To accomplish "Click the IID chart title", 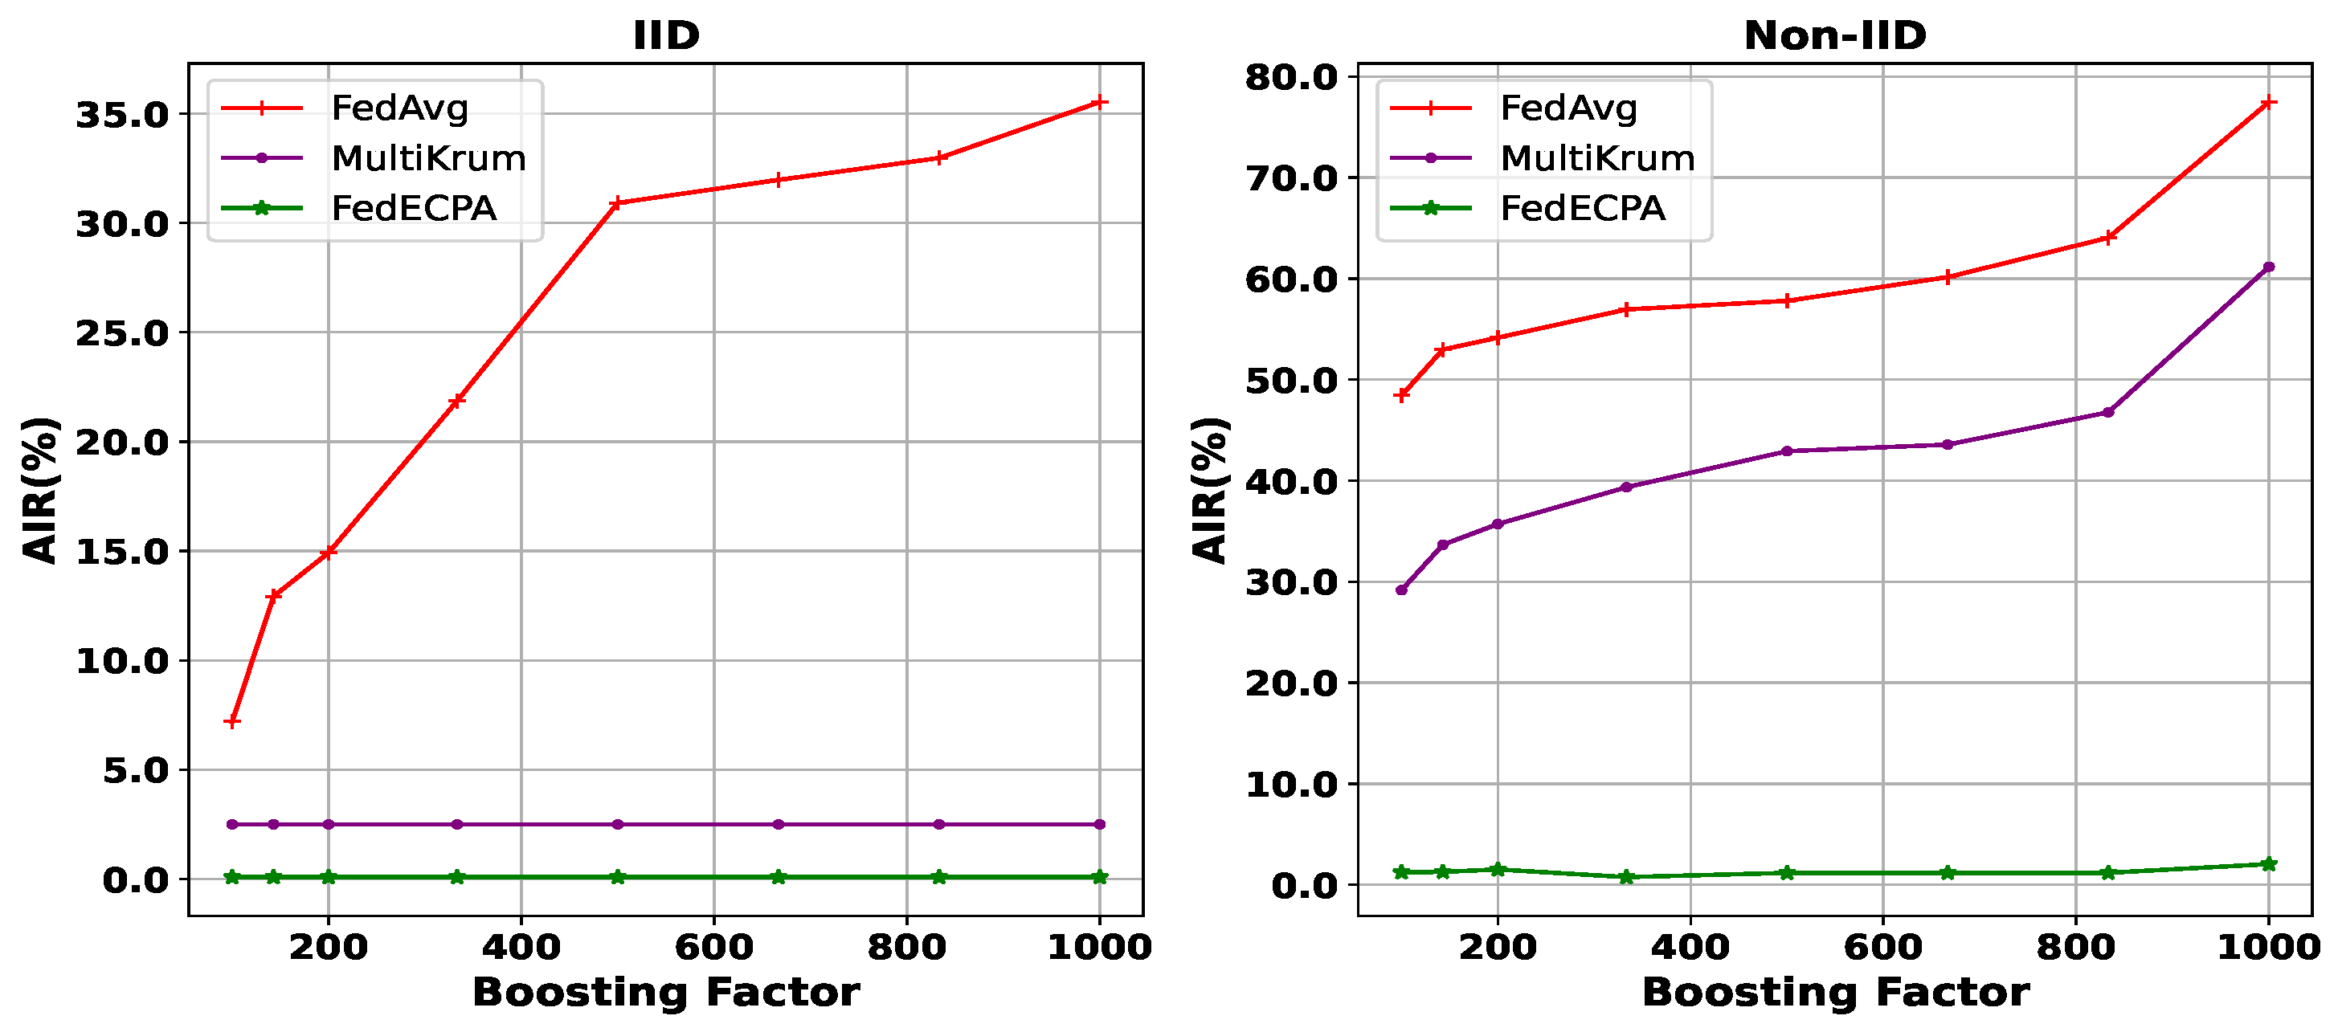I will tap(666, 36).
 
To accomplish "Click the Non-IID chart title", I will tap(1834, 36).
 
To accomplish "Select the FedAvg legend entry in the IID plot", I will tap(399, 108).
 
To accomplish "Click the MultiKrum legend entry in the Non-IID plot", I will tap(1596, 159).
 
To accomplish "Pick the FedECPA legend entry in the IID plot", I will tap(413, 209).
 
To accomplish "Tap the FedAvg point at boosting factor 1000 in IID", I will tap(1099, 103).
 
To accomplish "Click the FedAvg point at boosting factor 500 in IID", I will tap(617, 203).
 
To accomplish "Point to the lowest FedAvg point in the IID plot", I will tap(232, 722).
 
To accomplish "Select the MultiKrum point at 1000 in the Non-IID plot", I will tap(2268, 267).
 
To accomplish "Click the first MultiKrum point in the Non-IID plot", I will tap(1401, 589).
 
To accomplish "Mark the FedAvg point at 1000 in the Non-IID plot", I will tap(2268, 103).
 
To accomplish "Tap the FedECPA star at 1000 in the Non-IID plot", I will tap(2268, 864).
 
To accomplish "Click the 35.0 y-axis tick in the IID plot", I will tap(123, 115).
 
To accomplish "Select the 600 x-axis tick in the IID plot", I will tap(713, 947).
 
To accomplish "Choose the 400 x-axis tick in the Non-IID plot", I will tap(1690, 947).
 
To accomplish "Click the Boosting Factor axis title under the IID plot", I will tap(665, 993).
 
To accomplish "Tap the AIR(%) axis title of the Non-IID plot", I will tap(1209, 490).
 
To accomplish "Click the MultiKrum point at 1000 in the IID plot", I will tap(1099, 825).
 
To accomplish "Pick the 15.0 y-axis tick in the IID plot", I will tap(123, 552).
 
